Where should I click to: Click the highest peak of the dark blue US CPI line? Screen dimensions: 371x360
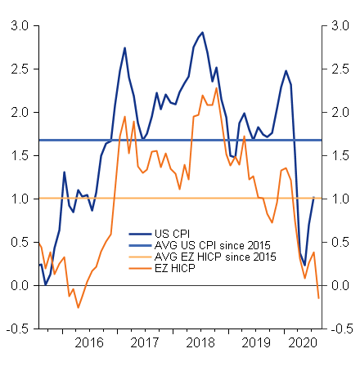tap(202, 33)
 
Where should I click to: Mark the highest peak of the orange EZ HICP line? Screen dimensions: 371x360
tap(216, 87)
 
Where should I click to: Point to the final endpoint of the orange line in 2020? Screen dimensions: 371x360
tap(318, 298)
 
